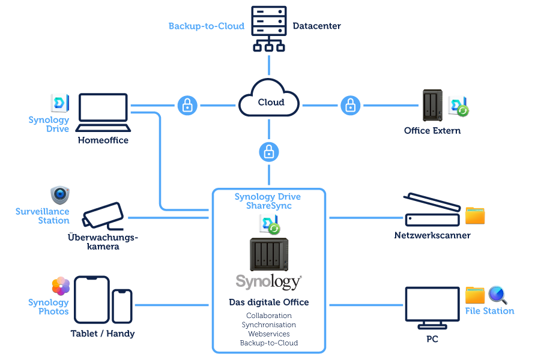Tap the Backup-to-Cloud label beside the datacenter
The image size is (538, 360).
[x=206, y=26]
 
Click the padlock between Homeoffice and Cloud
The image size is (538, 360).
[x=187, y=106]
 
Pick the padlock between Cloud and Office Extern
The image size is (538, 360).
[x=350, y=106]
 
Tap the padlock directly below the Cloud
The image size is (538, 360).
[x=268, y=151]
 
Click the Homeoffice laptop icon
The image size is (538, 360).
[x=103, y=113]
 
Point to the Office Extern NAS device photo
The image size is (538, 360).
[x=432, y=106]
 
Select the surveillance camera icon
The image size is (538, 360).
[x=104, y=214]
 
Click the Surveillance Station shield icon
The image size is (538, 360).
[x=59, y=194]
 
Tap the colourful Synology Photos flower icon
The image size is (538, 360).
[x=61, y=286]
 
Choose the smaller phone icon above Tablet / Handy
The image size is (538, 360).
[x=122, y=306]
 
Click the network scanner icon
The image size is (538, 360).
[x=430, y=211]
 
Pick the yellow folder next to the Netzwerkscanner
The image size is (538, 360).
[x=475, y=215]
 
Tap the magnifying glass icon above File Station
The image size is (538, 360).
[x=498, y=295]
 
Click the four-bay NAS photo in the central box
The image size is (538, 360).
[x=268, y=254]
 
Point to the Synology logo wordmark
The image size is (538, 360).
[x=268, y=281]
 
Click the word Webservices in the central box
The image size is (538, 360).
[x=268, y=334]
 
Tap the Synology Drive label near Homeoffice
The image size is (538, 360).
[x=49, y=124]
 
